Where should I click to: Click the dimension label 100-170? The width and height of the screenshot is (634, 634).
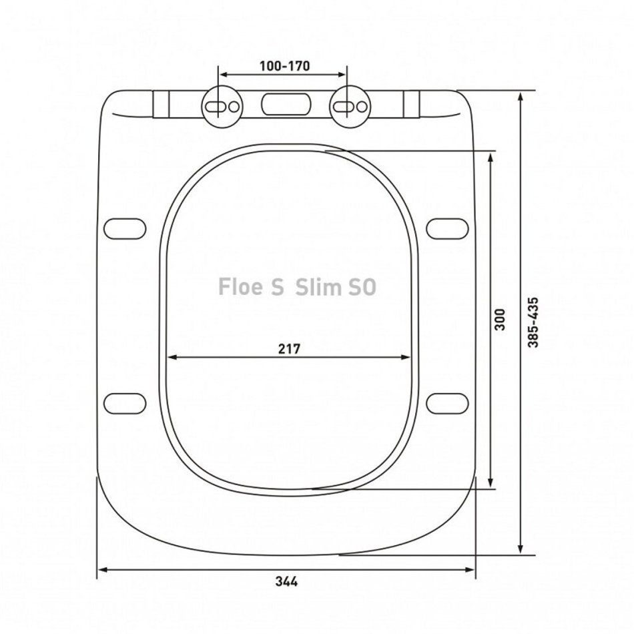(285, 66)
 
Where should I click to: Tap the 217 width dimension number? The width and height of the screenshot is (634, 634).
(289, 348)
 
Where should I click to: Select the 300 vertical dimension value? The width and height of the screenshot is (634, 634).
(500, 320)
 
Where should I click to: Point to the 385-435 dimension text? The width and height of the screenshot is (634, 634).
(534, 322)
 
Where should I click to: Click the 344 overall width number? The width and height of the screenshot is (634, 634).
(287, 581)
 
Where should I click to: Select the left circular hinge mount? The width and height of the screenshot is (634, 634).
(222, 106)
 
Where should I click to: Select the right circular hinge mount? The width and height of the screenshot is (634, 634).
(349, 106)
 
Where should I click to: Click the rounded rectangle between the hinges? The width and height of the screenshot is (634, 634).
(286, 104)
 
